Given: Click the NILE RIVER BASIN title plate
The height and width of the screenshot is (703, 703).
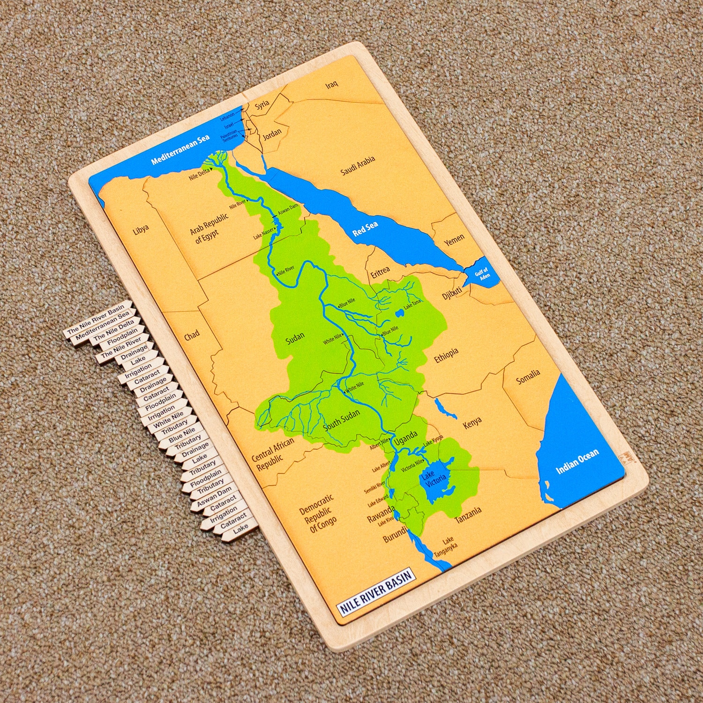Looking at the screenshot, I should (x=376, y=592).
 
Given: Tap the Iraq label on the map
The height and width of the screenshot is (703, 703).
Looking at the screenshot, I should (x=332, y=85).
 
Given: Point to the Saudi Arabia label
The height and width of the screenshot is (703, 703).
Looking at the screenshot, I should (x=358, y=165).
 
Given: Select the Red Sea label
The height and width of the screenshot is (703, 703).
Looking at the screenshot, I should (x=365, y=228).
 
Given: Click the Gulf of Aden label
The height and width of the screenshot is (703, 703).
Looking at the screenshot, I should (x=482, y=274).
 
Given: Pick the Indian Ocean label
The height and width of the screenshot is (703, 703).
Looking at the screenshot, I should (x=577, y=462).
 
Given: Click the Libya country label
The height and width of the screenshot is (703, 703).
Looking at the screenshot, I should (x=141, y=230).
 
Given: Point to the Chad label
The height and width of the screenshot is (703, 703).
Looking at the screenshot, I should (x=191, y=335).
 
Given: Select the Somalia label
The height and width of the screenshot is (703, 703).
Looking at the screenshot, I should (x=528, y=376).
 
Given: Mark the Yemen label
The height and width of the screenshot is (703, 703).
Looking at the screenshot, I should (x=454, y=240).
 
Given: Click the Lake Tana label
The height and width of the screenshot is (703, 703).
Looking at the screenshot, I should (x=412, y=304).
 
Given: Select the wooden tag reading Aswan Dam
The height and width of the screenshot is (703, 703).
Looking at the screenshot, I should (x=215, y=496).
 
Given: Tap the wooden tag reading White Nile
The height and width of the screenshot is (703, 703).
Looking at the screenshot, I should (x=169, y=419).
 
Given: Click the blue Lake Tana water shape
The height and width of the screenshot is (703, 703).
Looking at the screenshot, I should (x=399, y=313).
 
